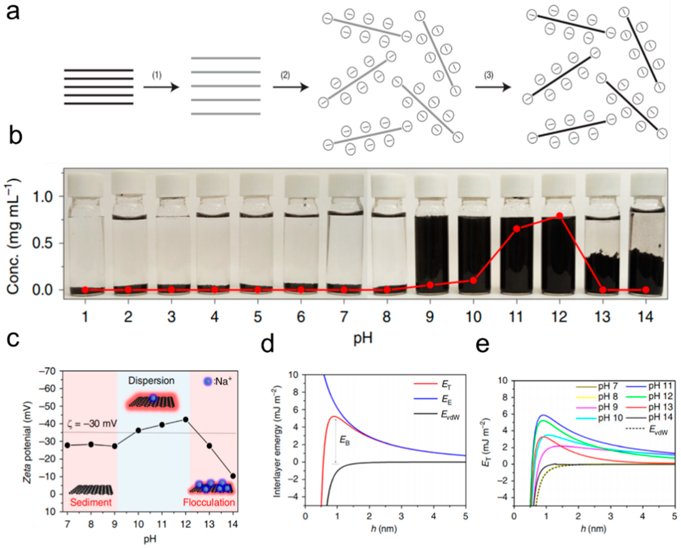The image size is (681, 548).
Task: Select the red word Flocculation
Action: [x=209, y=502]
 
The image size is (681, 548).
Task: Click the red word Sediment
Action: [x=91, y=502]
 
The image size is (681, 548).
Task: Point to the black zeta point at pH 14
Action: [x=233, y=476]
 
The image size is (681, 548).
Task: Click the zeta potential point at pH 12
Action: [x=186, y=420]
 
